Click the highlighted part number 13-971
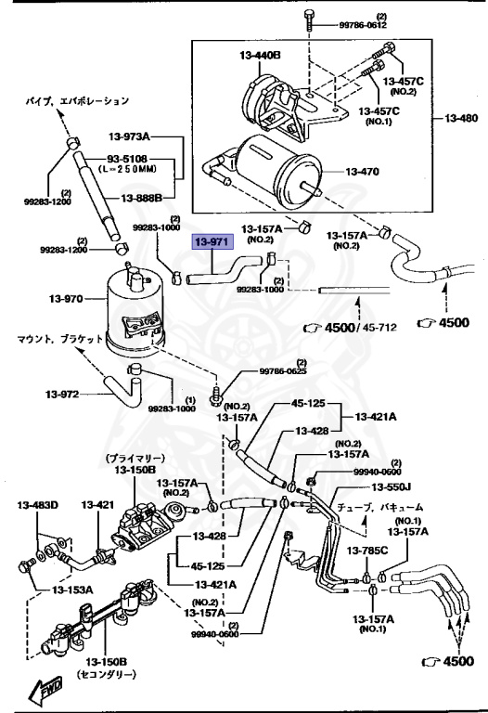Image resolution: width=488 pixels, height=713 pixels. [213, 242]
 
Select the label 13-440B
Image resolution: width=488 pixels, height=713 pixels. [260, 56]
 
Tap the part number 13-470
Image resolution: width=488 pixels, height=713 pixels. [362, 172]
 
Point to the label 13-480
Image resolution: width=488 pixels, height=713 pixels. [461, 118]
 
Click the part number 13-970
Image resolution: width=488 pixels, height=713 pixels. [66, 299]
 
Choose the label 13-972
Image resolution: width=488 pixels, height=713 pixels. [62, 394]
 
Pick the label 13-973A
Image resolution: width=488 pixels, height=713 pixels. [129, 136]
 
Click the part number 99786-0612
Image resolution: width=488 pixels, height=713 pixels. [363, 25]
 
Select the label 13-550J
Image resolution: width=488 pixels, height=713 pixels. [392, 487]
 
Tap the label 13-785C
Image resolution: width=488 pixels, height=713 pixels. [367, 551]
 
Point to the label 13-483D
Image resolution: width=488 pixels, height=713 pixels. [38, 505]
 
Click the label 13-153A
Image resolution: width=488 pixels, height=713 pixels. [72, 590]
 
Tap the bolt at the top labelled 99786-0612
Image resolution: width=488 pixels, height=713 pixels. [309, 19]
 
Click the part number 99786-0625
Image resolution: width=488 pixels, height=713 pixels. [283, 371]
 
